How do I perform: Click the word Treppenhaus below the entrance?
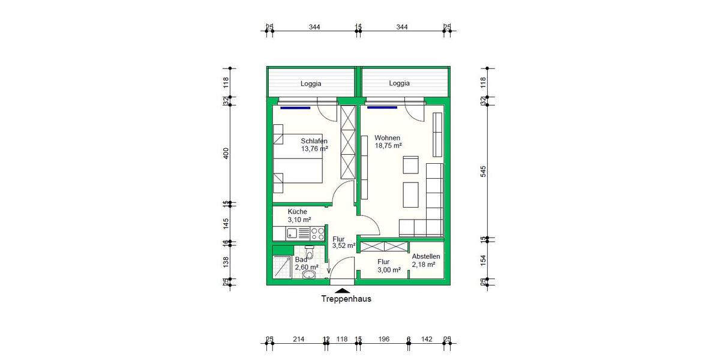coord(346,299)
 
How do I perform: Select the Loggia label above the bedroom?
coord(311,83)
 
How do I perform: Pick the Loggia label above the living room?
coord(399,83)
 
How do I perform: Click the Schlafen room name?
coord(314,141)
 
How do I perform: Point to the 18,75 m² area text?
coord(388,145)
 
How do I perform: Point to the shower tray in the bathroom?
coord(281,268)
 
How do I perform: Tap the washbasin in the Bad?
coord(309,275)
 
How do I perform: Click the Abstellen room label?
coord(426,256)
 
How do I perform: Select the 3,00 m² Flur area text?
coord(388,270)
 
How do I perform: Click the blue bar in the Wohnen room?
coord(382,108)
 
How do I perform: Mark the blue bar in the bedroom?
coord(295,108)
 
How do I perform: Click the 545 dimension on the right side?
coord(484,171)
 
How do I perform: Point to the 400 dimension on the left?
coord(226,154)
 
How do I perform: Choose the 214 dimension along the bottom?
coord(298,339)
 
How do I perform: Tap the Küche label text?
coord(297,212)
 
